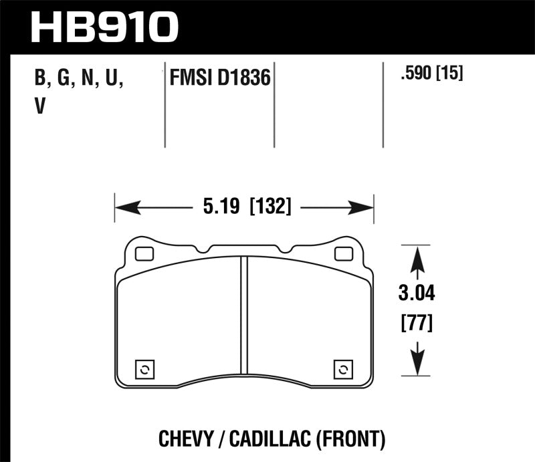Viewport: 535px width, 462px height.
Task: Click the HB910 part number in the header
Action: (x=105, y=26)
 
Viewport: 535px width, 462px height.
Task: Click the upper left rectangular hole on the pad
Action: (x=143, y=254)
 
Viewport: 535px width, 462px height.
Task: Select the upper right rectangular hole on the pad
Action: (x=344, y=254)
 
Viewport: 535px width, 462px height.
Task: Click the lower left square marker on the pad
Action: (x=144, y=368)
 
